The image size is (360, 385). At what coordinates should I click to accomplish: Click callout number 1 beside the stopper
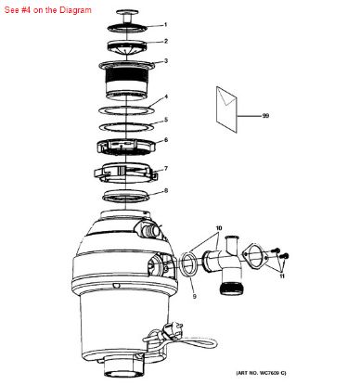click(165, 25)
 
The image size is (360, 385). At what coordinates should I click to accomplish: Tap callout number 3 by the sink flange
click(166, 61)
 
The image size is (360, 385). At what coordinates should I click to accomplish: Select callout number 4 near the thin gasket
click(166, 96)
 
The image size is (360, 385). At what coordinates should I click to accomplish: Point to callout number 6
click(166, 140)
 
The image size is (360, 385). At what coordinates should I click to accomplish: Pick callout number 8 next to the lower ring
click(166, 191)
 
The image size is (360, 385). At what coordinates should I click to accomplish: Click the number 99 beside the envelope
click(265, 116)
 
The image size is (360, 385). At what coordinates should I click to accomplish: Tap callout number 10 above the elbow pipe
click(219, 228)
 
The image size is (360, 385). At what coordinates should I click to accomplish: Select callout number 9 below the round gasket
click(194, 296)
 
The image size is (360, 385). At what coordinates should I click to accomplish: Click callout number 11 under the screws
click(282, 276)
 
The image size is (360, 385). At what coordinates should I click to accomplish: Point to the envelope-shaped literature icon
click(226, 109)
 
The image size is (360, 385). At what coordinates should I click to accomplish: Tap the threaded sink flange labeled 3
click(126, 80)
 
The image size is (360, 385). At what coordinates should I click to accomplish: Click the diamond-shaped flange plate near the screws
click(255, 256)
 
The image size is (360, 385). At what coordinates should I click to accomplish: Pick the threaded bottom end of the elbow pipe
click(232, 289)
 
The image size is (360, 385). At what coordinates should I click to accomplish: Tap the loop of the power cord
click(198, 342)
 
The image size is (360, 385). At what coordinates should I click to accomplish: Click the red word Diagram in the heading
click(75, 10)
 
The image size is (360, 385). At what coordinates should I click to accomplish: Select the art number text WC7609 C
click(273, 373)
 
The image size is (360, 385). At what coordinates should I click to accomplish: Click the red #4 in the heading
click(26, 10)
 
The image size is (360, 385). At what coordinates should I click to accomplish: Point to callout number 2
click(166, 41)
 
